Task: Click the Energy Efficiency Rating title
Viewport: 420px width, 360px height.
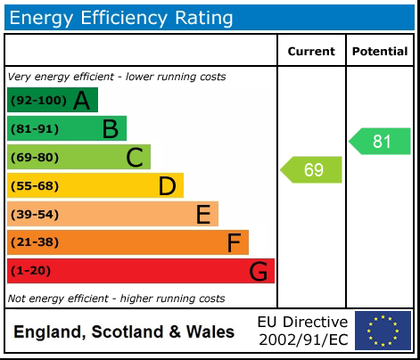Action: pyautogui.click(x=122, y=17)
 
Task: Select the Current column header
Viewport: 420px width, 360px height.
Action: pyautogui.click(x=311, y=52)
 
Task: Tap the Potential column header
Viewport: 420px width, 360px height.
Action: pyautogui.click(x=380, y=52)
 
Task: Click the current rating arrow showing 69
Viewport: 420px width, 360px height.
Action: pyautogui.click(x=312, y=169)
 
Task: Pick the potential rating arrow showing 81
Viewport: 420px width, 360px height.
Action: pyautogui.click(x=381, y=141)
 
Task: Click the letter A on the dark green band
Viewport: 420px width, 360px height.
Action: pyautogui.click(x=81, y=101)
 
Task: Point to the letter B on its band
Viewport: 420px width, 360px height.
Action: pyautogui.click(x=110, y=129)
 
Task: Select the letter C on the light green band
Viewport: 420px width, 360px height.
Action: pyautogui.click(x=135, y=158)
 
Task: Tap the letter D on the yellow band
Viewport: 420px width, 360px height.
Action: pyautogui.click(x=167, y=186)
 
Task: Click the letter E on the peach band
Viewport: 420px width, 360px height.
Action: pyautogui.click(x=203, y=215)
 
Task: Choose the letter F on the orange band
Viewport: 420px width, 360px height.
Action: pyautogui.click(x=234, y=242)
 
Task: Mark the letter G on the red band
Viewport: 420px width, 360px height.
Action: pyautogui.click(x=259, y=271)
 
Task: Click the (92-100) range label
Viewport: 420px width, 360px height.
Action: pyautogui.click(x=36, y=101)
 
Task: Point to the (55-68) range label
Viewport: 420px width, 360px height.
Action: pyautogui.click(x=34, y=186)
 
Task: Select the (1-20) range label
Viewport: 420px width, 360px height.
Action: pyautogui.click(x=30, y=271)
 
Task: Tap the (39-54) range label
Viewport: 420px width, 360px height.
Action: pyautogui.click(x=34, y=215)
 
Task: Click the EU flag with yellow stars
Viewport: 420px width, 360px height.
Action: pyautogui.click(x=383, y=331)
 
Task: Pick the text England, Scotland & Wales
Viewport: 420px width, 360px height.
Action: pyautogui.click(x=124, y=332)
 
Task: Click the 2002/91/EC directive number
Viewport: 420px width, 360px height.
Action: pyautogui.click(x=302, y=340)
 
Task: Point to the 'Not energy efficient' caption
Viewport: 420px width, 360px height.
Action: pyautogui.click(x=116, y=299)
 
